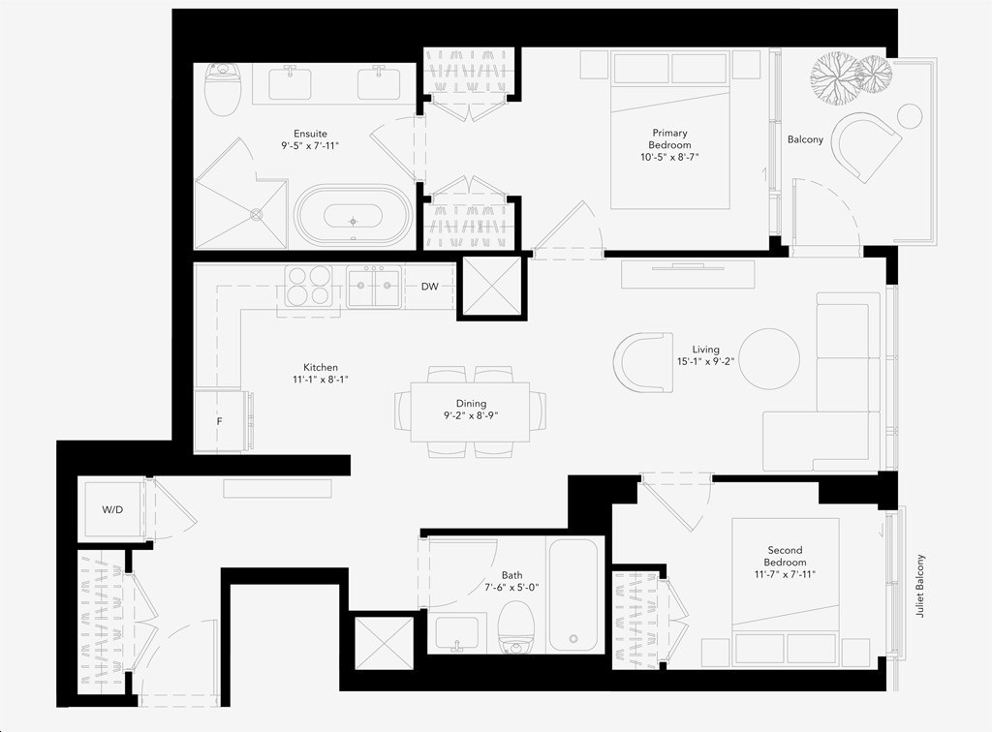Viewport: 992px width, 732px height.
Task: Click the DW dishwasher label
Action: pos(429,287)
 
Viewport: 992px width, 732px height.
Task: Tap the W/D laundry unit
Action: pos(112,511)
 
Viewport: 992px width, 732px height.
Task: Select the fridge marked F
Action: pos(219,421)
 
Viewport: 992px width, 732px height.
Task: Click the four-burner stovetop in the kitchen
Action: pos(308,287)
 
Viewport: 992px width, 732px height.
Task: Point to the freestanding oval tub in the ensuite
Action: pos(354,216)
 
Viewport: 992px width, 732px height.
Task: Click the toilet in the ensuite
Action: pos(223,89)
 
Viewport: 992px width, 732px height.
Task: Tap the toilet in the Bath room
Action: pos(515,627)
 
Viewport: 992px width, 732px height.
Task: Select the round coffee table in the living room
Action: pos(769,358)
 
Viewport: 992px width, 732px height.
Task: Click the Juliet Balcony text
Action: pos(920,586)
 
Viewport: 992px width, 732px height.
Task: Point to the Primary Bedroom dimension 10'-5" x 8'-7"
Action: pos(669,157)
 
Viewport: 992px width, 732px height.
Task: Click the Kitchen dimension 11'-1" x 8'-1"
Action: pos(320,380)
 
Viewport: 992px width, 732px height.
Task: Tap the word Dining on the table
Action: pos(472,404)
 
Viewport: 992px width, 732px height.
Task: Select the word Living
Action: pos(705,350)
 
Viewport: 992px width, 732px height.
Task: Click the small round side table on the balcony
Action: pos(910,116)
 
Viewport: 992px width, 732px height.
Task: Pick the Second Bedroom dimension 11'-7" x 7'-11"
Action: pos(785,574)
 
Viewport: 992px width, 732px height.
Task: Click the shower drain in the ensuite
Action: pos(256,214)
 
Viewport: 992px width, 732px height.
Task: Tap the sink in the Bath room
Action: pos(457,632)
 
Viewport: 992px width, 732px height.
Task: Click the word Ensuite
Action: pos(310,134)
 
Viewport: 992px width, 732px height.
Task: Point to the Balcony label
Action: pos(805,139)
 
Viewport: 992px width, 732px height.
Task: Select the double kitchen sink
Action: pos(374,287)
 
